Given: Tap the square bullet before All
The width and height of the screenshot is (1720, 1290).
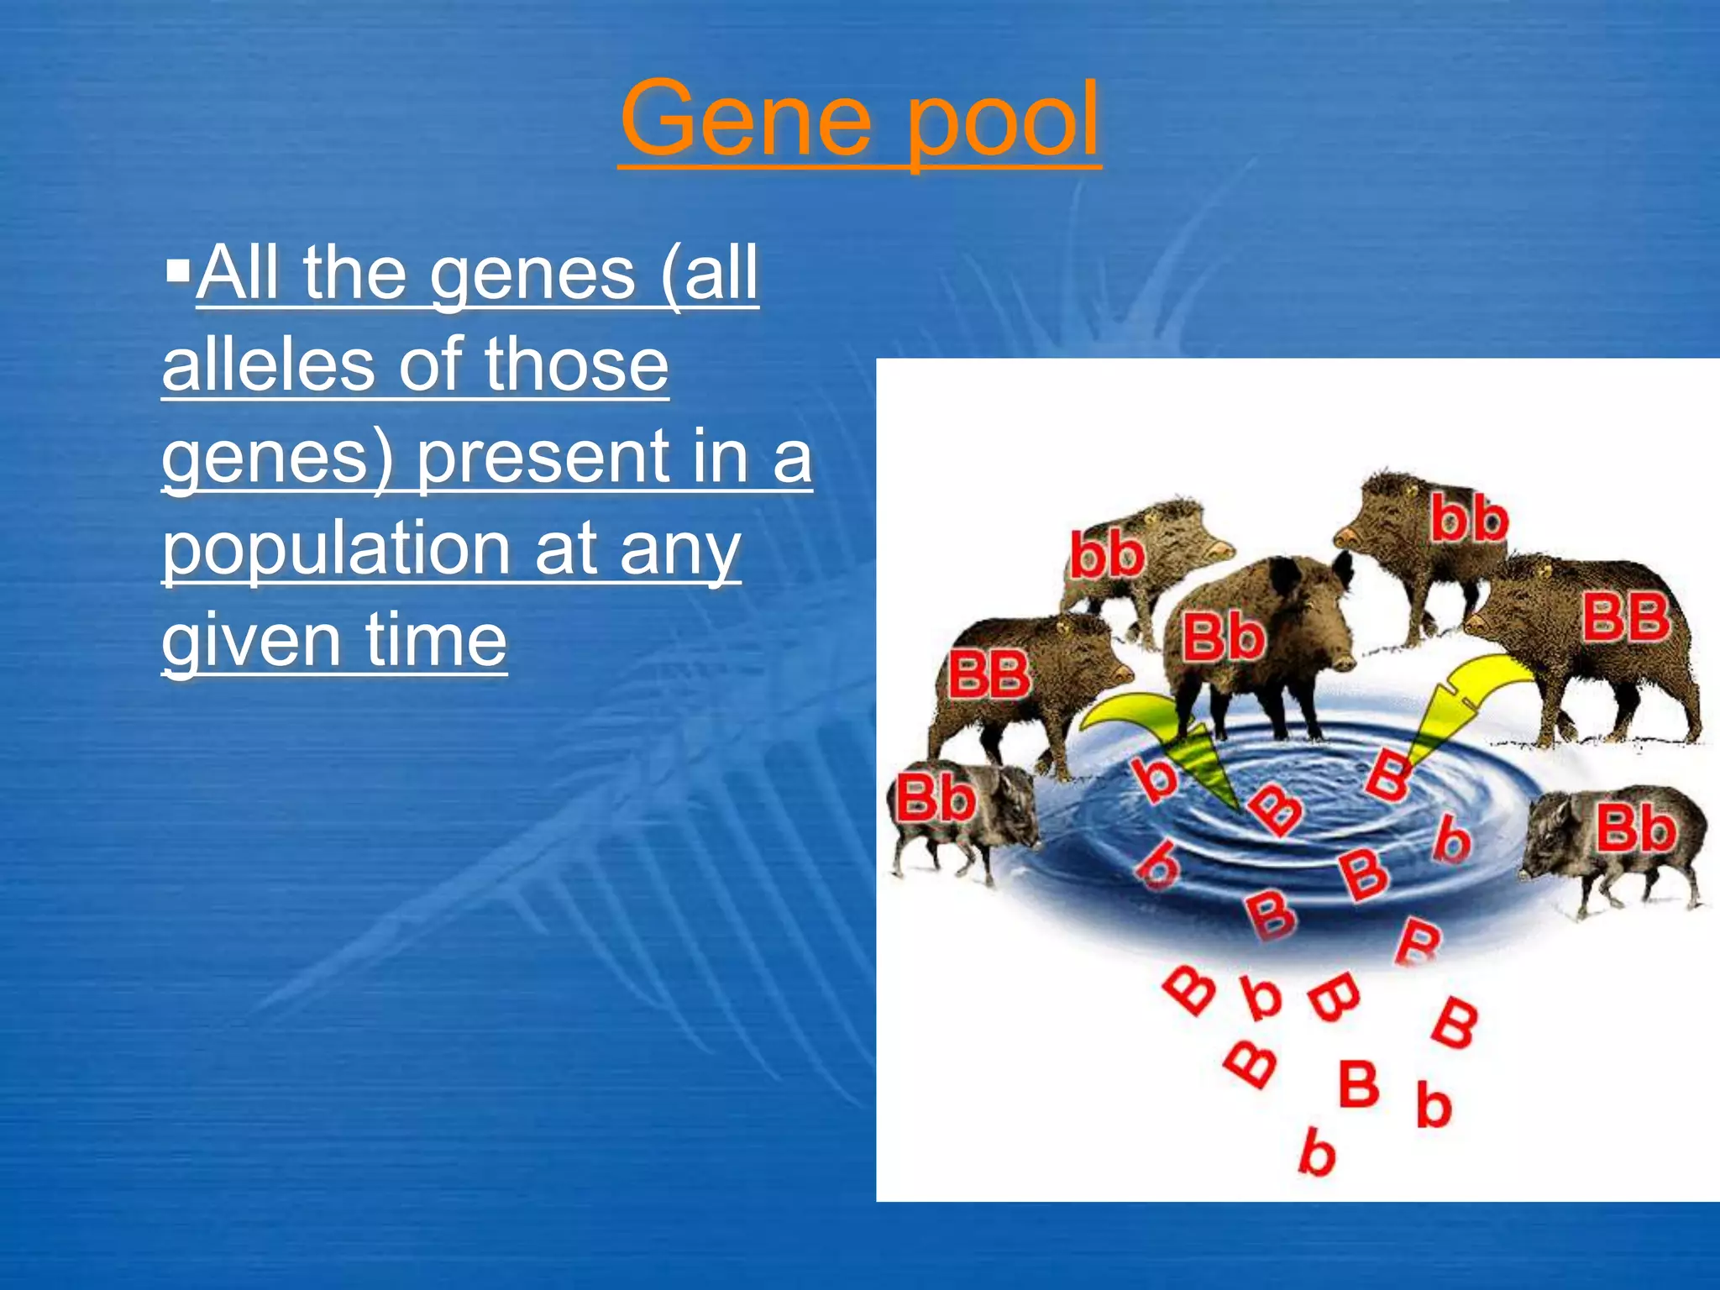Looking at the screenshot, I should click(x=178, y=271).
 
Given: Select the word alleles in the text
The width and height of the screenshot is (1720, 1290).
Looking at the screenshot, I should click(x=266, y=364).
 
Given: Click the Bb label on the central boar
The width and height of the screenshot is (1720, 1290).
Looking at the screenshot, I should click(x=1223, y=637).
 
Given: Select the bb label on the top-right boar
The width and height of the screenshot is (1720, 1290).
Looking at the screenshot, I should click(x=1469, y=518).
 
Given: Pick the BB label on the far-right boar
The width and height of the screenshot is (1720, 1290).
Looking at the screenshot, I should click(x=1625, y=617).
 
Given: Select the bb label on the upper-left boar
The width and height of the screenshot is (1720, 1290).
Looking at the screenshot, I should click(x=1107, y=555).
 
